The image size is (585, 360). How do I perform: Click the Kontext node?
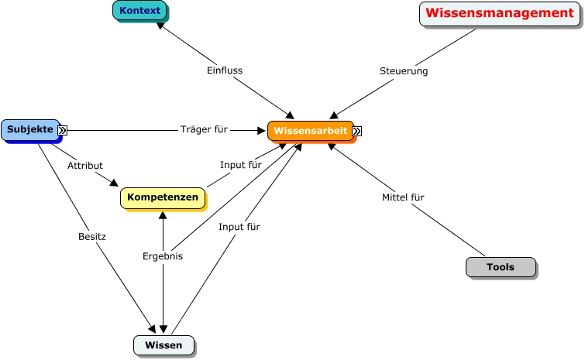pos(140,11)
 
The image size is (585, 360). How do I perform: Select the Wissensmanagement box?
pos(499,13)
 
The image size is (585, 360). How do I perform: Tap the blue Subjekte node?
pos(29,130)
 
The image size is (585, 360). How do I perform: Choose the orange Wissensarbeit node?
pos(310,131)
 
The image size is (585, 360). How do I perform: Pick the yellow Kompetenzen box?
pos(163,197)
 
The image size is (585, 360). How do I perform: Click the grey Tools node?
pos(501,267)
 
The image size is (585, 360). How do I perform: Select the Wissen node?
pos(163,345)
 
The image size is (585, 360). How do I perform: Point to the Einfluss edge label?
pos(225,70)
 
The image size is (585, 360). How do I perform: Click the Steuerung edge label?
pos(404,71)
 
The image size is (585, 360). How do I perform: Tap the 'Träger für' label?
pos(204,129)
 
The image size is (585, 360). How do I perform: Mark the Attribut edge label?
pos(85,166)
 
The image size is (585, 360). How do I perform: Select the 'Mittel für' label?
pos(403,197)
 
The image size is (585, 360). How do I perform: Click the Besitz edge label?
pos(92,235)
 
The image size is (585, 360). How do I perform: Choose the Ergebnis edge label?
pos(163,256)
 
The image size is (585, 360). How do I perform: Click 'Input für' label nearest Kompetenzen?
pos(240,165)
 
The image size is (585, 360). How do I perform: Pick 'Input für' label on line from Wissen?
pos(239,227)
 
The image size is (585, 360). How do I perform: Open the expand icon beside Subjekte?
pos(63,131)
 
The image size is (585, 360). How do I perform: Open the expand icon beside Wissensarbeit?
pos(356,132)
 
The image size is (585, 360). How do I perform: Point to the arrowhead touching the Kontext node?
pos(159,25)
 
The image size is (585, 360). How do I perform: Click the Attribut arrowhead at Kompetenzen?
pos(115,184)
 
